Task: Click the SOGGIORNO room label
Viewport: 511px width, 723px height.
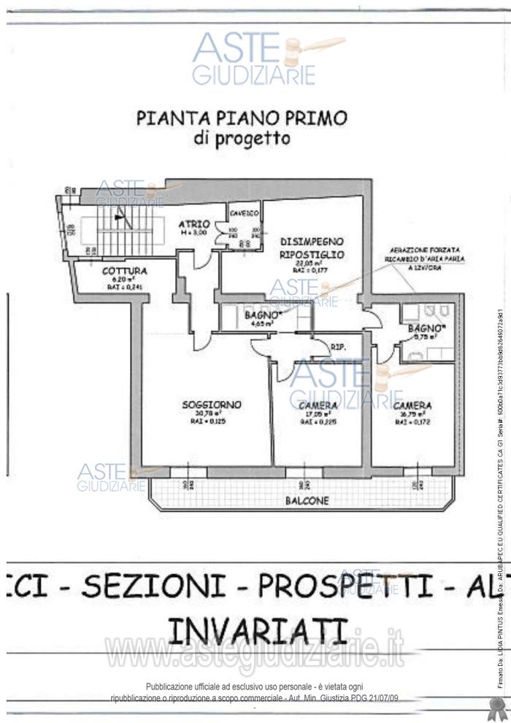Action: pyautogui.click(x=212, y=405)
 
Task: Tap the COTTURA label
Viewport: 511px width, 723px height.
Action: pyautogui.click(x=119, y=270)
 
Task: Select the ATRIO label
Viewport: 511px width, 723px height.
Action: pyautogui.click(x=195, y=223)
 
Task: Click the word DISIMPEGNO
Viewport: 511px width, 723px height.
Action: pyautogui.click(x=312, y=241)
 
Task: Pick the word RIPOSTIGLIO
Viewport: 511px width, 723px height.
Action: pyautogui.click(x=312, y=254)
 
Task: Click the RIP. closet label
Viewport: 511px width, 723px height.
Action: pyautogui.click(x=337, y=347)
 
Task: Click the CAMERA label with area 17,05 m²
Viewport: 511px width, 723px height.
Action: pyautogui.click(x=318, y=406)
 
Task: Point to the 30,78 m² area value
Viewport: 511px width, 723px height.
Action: pyautogui.click(x=212, y=414)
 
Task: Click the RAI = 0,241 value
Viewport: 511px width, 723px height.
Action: pyautogui.click(x=119, y=287)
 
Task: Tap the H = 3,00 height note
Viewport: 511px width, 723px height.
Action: pyautogui.click(x=195, y=232)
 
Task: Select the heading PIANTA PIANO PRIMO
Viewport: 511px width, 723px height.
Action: pyautogui.click(x=242, y=118)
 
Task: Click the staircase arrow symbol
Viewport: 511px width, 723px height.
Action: pyautogui.click(x=122, y=219)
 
